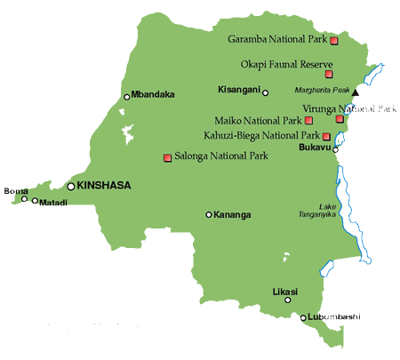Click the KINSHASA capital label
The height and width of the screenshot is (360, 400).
[106, 185]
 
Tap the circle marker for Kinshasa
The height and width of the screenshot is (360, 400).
[71, 186]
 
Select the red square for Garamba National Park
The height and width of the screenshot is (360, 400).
[333, 41]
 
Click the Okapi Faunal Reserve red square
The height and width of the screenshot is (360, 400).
[329, 75]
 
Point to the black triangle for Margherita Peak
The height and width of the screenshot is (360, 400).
[356, 92]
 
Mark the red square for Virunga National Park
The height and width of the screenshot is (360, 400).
[340, 118]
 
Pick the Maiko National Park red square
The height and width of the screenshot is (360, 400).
[308, 120]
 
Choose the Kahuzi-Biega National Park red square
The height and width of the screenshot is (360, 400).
[326, 136]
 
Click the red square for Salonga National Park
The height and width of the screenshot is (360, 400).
[166, 158]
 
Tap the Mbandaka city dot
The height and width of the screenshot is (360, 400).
[127, 97]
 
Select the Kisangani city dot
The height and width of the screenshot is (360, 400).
[265, 92]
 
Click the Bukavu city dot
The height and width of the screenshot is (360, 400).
[336, 149]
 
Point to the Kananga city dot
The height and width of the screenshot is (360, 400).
[209, 214]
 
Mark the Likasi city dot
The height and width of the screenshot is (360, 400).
[288, 300]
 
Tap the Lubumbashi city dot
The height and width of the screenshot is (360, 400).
[303, 317]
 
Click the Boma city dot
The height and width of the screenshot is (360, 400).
[25, 198]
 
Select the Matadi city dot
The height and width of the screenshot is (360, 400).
[36, 201]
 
